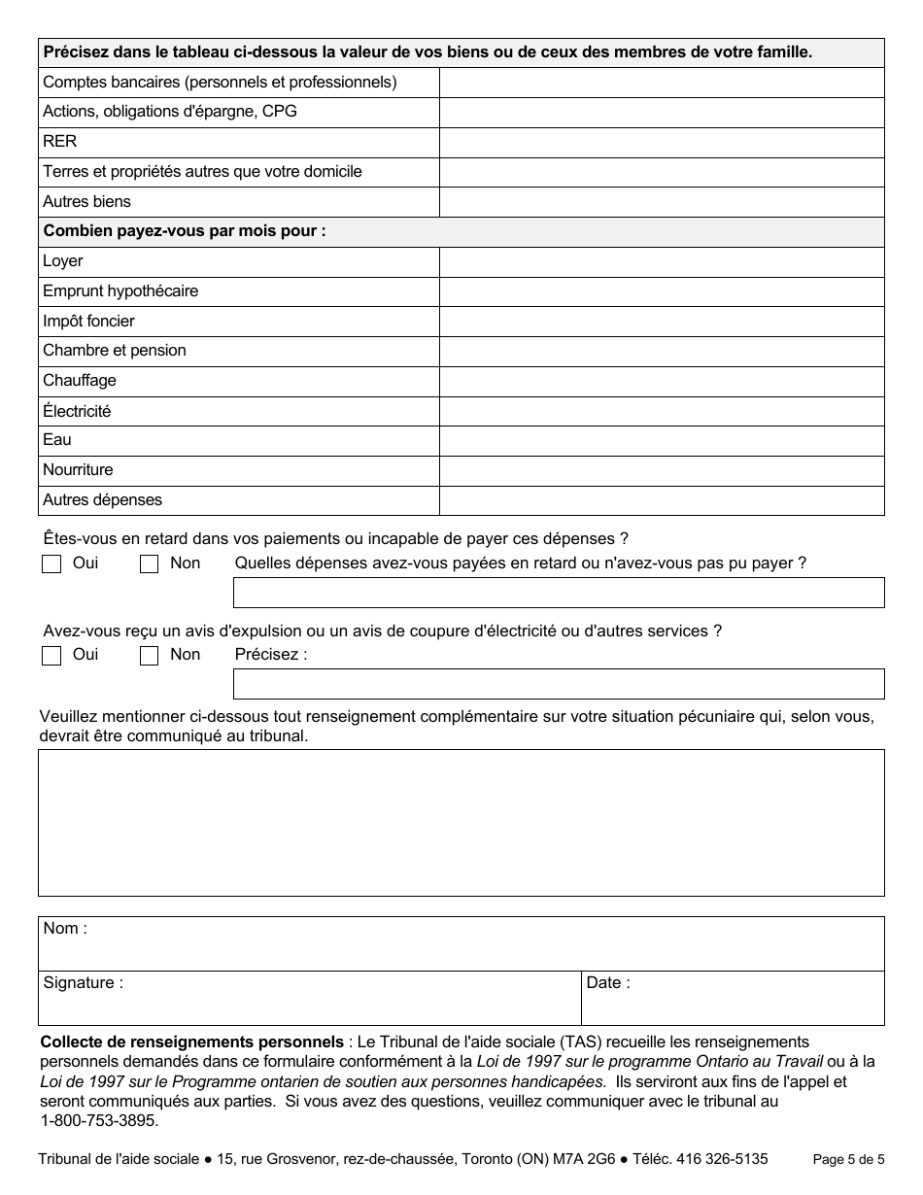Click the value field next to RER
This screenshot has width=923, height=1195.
pyautogui.click(x=662, y=142)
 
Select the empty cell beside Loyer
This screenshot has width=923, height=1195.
pyautogui.click(x=662, y=261)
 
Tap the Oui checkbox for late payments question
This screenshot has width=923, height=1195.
pyautogui.click(x=51, y=564)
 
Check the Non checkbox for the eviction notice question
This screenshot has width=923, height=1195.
pyautogui.click(x=149, y=656)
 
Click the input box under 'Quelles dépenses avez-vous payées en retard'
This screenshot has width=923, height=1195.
pyautogui.click(x=559, y=593)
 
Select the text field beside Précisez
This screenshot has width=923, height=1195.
pyautogui.click(x=559, y=684)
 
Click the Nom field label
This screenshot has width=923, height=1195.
pyautogui.click(x=65, y=929)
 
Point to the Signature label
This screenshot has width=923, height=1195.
pyautogui.click(x=83, y=983)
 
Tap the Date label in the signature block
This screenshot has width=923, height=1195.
pyautogui.click(x=608, y=983)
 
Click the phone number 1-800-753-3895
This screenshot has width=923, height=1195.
pyautogui.click(x=98, y=1120)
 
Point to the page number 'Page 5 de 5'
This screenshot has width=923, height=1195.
pyautogui.click(x=848, y=1159)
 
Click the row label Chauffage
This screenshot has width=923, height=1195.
pyautogui.click(x=80, y=381)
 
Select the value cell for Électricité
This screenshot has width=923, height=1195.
pyautogui.click(x=662, y=411)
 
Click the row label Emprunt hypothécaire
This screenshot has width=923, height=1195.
pyautogui.click(x=120, y=291)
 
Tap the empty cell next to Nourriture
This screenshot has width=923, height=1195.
pyautogui.click(x=662, y=470)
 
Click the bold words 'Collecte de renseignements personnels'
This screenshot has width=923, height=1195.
pyautogui.click(x=191, y=1042)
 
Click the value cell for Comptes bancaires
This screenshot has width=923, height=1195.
pyautogui.click(x=662, y=83)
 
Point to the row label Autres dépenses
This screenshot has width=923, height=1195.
pyautogui.click(x=102, y=500)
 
